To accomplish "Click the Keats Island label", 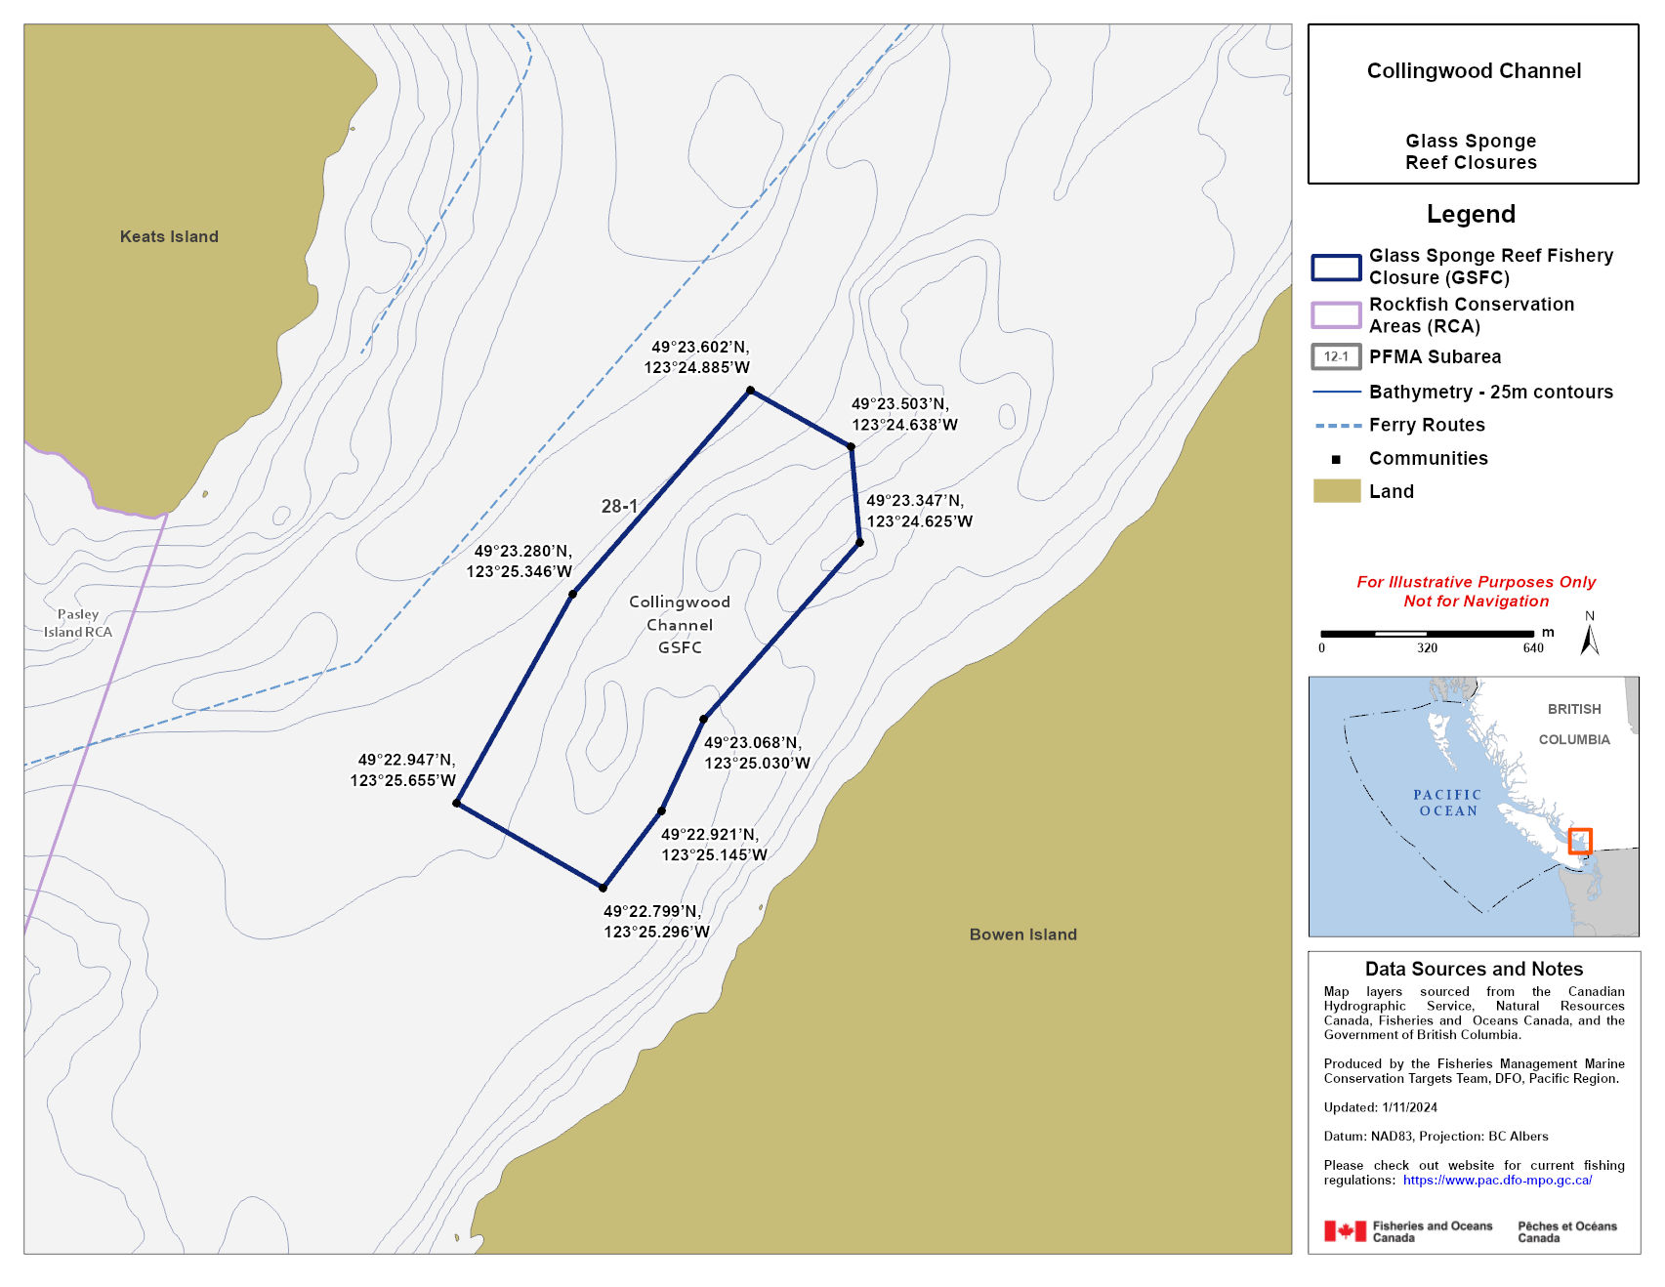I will coord(169,236).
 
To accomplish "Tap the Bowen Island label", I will coord(1022,934).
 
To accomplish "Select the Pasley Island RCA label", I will coord(78,623).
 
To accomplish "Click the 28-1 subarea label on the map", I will coord(619,506).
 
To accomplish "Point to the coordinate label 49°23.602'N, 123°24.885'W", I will coord(697,357).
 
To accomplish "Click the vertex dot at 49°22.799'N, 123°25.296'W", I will coord(604,888).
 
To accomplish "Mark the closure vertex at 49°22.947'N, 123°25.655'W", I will coord(457,803).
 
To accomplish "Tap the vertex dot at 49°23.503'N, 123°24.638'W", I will coord(852,447).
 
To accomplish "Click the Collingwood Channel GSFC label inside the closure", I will coord(680,625).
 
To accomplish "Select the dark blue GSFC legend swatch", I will coord(1336,268).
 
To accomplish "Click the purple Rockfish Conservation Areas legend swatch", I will coord(1336,314).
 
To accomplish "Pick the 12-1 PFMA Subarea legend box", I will coord(1336,357).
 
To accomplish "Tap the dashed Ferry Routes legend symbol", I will coord(1337,426).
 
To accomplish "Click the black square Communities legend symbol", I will coord(1336,459).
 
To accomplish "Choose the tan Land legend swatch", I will coord(1336,491).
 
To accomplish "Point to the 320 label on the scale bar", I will coord(1427,648).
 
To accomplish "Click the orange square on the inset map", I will coord(1580,841).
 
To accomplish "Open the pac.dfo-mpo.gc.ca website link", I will coord(1497,1181).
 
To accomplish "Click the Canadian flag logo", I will coord(1345,1231).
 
